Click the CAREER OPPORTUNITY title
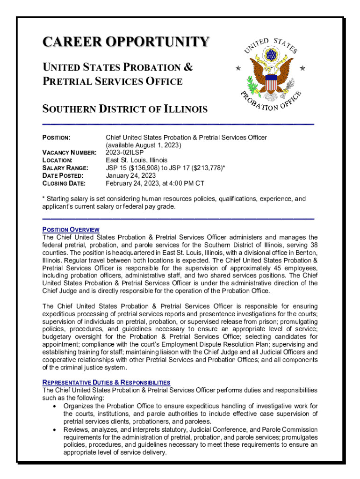125,42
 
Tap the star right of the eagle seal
302,68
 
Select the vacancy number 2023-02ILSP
125,152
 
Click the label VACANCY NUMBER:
70,152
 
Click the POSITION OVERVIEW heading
71,230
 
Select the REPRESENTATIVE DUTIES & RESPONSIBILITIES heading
106,382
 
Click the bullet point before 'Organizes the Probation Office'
56,406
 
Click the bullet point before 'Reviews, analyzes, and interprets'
56,429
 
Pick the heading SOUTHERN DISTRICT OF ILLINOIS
125,109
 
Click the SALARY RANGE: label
65,167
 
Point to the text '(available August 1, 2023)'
143,145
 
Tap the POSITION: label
57,138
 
